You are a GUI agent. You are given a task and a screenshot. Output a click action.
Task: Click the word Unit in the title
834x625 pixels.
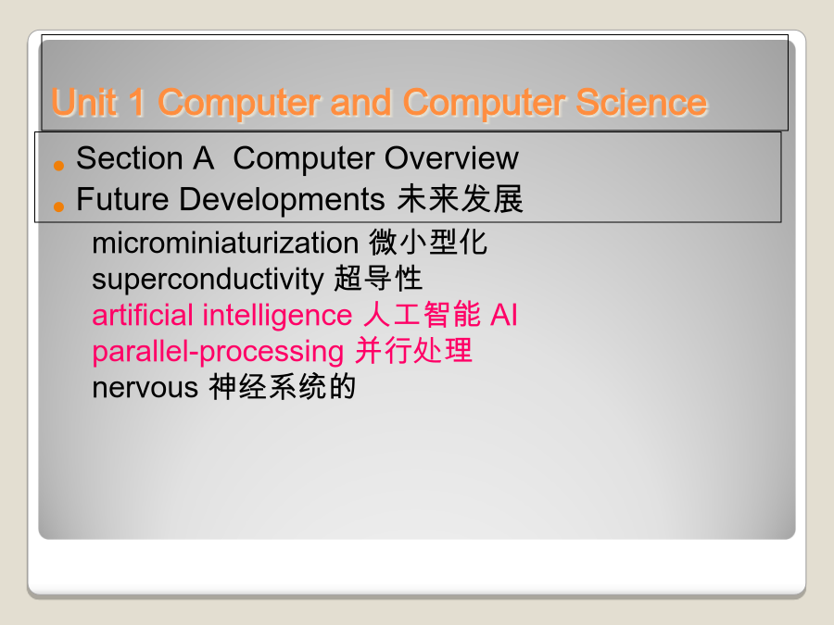tap(84, 102)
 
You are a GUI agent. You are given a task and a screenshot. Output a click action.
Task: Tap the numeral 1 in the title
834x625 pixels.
tap(137, 102)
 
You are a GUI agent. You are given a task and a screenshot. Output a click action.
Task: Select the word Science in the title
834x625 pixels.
tap(641, 102)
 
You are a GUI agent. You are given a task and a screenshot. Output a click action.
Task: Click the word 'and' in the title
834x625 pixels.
tap(361, 102)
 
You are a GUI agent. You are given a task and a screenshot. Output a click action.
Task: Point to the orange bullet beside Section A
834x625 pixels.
tap(58, 166)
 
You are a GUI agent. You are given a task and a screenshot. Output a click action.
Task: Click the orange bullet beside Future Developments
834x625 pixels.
tap(58, 206)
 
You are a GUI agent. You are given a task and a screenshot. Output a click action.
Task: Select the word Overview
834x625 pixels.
tap(451, 157)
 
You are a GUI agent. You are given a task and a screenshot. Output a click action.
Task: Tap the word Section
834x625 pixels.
tap(130, 157)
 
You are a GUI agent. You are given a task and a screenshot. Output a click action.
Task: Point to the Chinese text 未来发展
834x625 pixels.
tap(460, 199)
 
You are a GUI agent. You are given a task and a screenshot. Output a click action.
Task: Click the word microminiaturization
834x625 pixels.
tap(225, 243)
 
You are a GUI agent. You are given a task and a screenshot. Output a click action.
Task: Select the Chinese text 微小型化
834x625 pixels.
tap(428, 242)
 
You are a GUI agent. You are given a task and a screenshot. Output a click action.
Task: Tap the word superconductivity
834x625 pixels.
tap(208, 279)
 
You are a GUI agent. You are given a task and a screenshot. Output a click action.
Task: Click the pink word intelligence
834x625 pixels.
tap(277, 315)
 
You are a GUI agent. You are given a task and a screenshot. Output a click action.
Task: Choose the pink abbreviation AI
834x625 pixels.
tap(504, 315)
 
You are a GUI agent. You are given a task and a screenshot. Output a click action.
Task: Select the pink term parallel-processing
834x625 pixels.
tap(218, 352)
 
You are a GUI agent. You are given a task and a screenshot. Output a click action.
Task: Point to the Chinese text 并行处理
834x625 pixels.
tap(413, 350)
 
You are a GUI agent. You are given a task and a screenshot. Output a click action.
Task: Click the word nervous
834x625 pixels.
tap(145, 387)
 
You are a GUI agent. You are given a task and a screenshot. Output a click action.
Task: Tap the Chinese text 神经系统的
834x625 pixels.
tap(282, 386)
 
